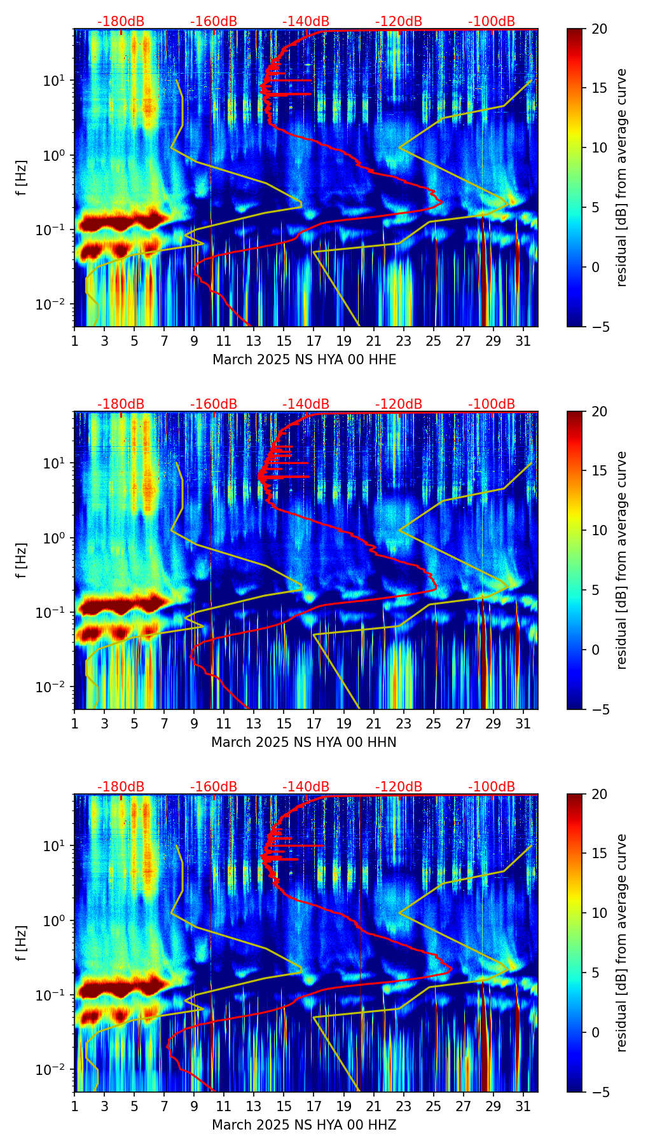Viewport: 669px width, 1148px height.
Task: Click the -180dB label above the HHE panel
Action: [x=121, y=22]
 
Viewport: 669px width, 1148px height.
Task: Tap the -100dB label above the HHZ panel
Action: [x=492, y=787]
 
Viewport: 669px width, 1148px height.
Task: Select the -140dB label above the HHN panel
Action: [x=306, y=404]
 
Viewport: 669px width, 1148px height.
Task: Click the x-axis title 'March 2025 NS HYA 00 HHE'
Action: [x=304, y=360]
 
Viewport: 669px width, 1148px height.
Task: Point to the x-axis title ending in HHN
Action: [x=304, y=742]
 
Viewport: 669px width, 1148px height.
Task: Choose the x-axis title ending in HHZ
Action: [x=304, y=1125]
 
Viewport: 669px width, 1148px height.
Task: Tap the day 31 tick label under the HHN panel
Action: [x=523, y=723]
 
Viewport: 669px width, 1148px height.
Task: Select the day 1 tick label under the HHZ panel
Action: [x=74, y=1106]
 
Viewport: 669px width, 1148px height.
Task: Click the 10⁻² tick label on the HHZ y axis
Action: [x=53, y=1070]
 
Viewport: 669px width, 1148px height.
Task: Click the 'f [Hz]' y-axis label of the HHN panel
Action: [x=22, y=560]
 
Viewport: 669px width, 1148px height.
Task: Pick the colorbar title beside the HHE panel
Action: [x=622, y=177]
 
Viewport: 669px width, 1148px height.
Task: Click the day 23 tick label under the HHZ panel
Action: [x=403, y=1106]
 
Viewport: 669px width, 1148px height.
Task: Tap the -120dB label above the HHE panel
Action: [x=399, y=22]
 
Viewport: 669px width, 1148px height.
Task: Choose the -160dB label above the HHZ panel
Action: [x=214, y=787]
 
